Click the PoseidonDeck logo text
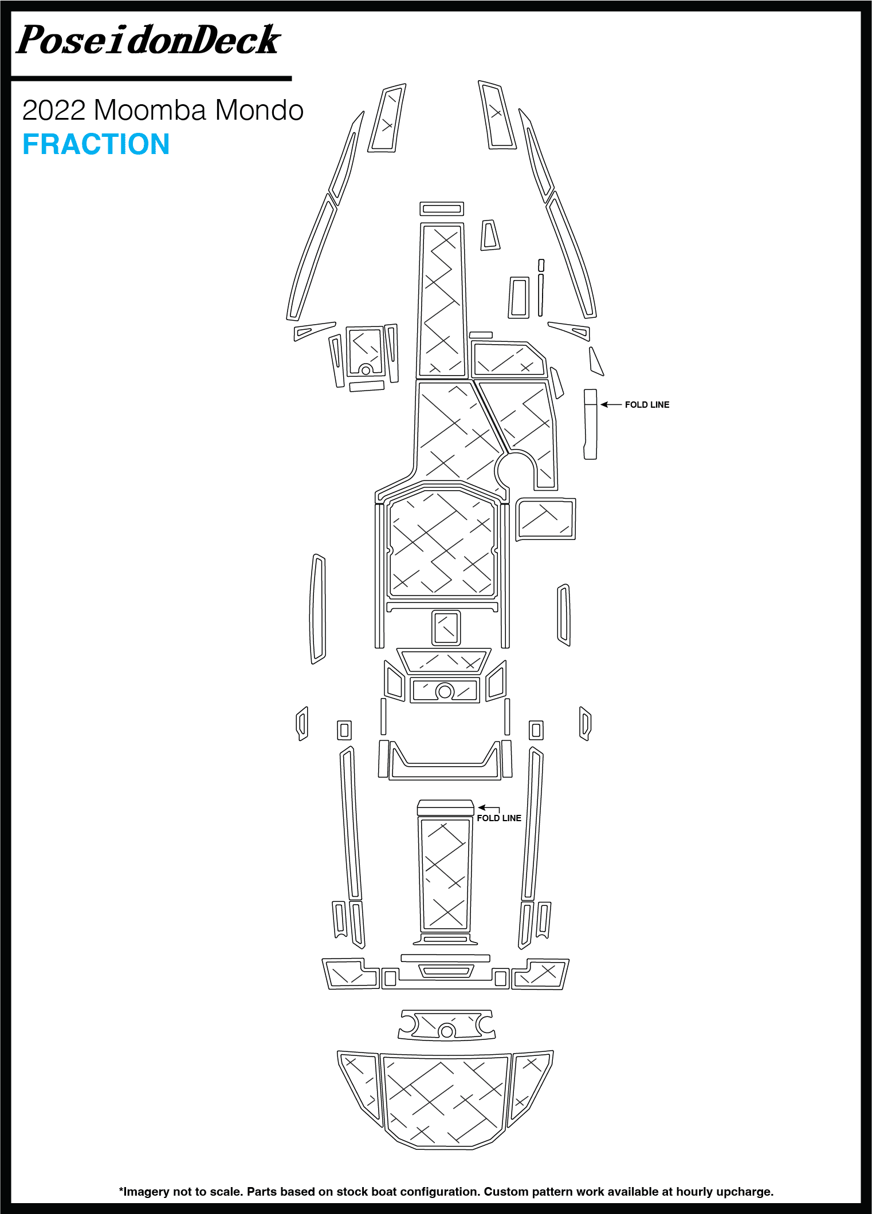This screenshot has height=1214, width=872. [x=148, y=40]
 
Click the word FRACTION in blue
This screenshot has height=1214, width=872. [x=96, y=144]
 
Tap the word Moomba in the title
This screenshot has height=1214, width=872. [x=150, y=110]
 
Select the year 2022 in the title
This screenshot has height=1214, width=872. [x=54, y=110]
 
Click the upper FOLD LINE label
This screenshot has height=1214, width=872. [x=647, y=405]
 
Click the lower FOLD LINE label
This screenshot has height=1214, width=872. [x=499, y=818]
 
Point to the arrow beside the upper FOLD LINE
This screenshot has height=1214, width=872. [x=611, y=405]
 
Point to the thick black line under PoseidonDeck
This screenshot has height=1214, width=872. [x=152, y=78]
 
